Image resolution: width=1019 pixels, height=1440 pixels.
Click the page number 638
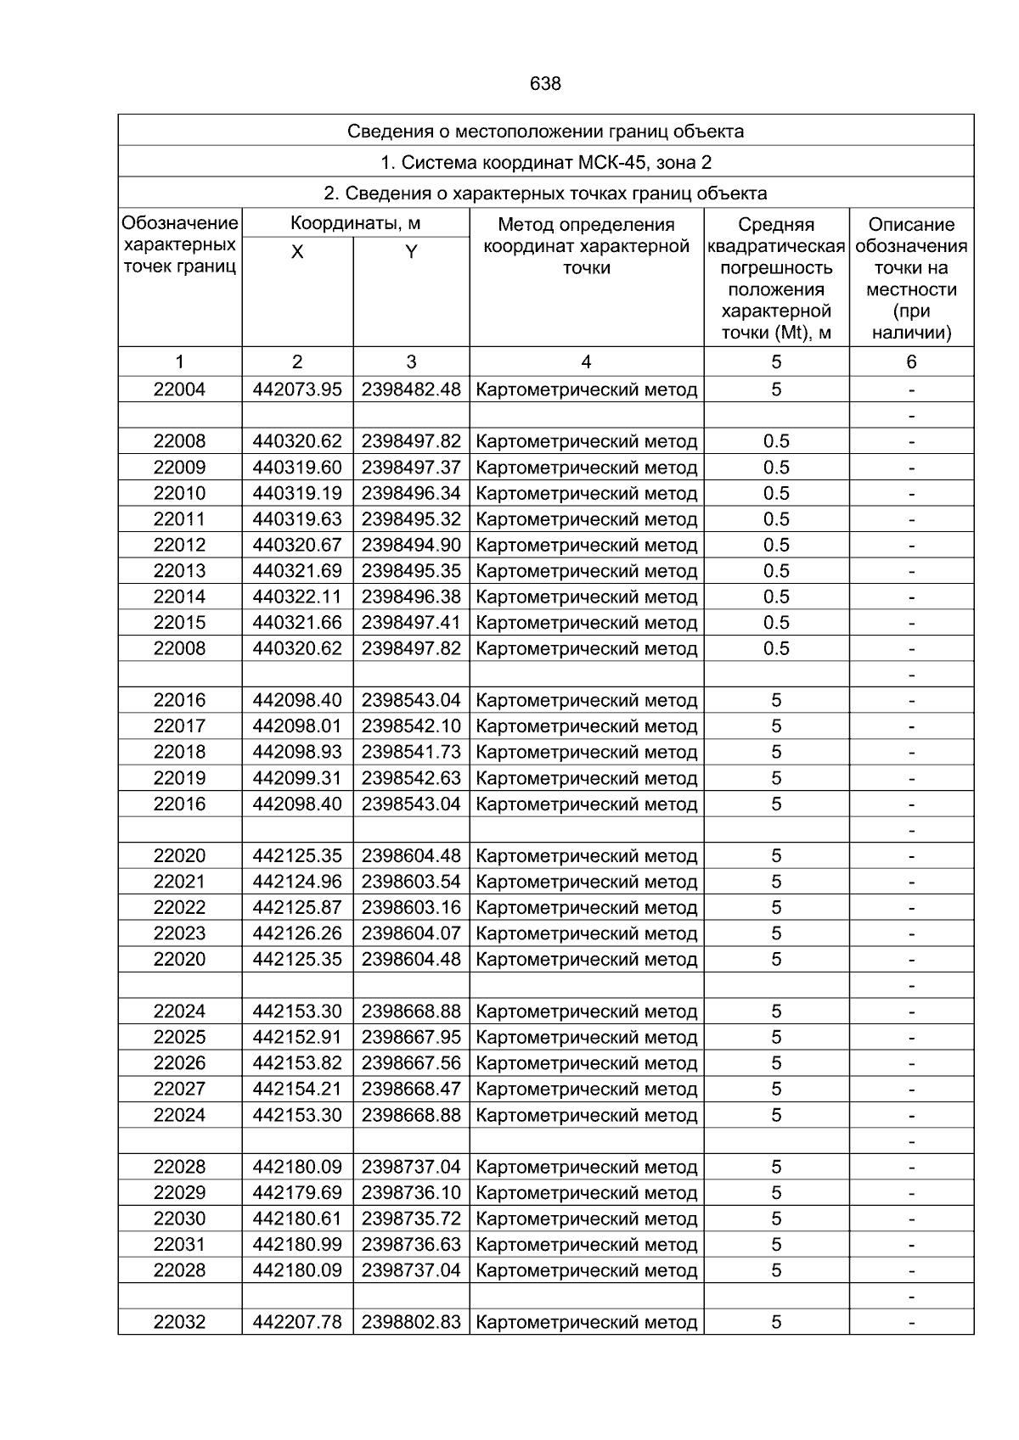click(x=545, y=84)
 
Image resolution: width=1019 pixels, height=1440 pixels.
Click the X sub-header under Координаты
click(x=297, y=252)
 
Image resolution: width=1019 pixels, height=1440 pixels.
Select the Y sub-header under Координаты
click(x=411, y=252)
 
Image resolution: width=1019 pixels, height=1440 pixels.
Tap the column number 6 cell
click(x=911, y=361)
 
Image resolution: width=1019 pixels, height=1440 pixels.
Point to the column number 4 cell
click(x=586, y=361)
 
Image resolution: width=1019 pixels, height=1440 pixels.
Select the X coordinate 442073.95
click(x=297, y=389)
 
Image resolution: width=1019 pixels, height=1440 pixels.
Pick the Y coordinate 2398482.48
click(x=411, y=389)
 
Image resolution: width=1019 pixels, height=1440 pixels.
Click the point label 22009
click(x=179, y=468)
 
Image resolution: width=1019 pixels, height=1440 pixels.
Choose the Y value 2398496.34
click(x=411, y=493)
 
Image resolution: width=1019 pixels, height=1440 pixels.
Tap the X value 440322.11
click(x=297, y=597)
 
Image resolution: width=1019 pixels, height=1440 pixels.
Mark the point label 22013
click(x=179, y=571)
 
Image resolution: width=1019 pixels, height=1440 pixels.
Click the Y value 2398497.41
click(x=411, y=623)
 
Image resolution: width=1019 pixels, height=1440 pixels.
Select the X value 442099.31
click(x=297, y=778)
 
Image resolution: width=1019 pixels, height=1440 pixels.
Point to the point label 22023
click(x=179, y=933)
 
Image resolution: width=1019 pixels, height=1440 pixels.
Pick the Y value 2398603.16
click(x=411, y=907)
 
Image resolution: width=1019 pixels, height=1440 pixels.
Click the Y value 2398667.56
click(x=411, y=1063)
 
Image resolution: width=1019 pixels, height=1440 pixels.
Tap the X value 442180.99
click(x=297, y=1245)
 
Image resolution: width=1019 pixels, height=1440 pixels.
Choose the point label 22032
click(x=179, y=1322)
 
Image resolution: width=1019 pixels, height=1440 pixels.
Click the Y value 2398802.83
click(x=411, y=1322)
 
